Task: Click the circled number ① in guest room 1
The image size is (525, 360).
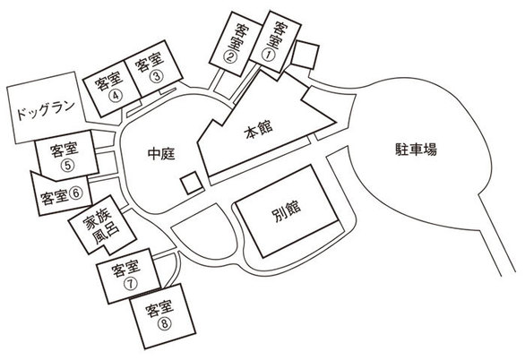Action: [268, 56]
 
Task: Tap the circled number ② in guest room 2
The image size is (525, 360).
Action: [229, 56]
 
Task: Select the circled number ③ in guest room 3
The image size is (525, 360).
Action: [156, 76]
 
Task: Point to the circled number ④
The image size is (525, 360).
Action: [116, 96]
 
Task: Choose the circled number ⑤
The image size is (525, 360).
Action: [67, 166]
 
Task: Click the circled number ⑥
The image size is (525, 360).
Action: [75, 193]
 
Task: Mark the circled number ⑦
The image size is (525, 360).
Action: [130, 284]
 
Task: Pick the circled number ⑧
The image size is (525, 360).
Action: [164, 323]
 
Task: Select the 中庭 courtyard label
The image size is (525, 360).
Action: [161, 154]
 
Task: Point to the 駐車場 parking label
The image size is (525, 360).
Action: [417, 150]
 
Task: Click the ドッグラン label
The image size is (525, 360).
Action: [46, 110]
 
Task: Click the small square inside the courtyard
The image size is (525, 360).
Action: [192, 183]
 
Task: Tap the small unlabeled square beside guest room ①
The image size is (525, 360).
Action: [305, 55]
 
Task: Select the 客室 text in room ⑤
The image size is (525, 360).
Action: [64, 150]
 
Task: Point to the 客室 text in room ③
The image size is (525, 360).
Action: [150, 62]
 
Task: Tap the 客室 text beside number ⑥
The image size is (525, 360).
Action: [55, 197]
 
